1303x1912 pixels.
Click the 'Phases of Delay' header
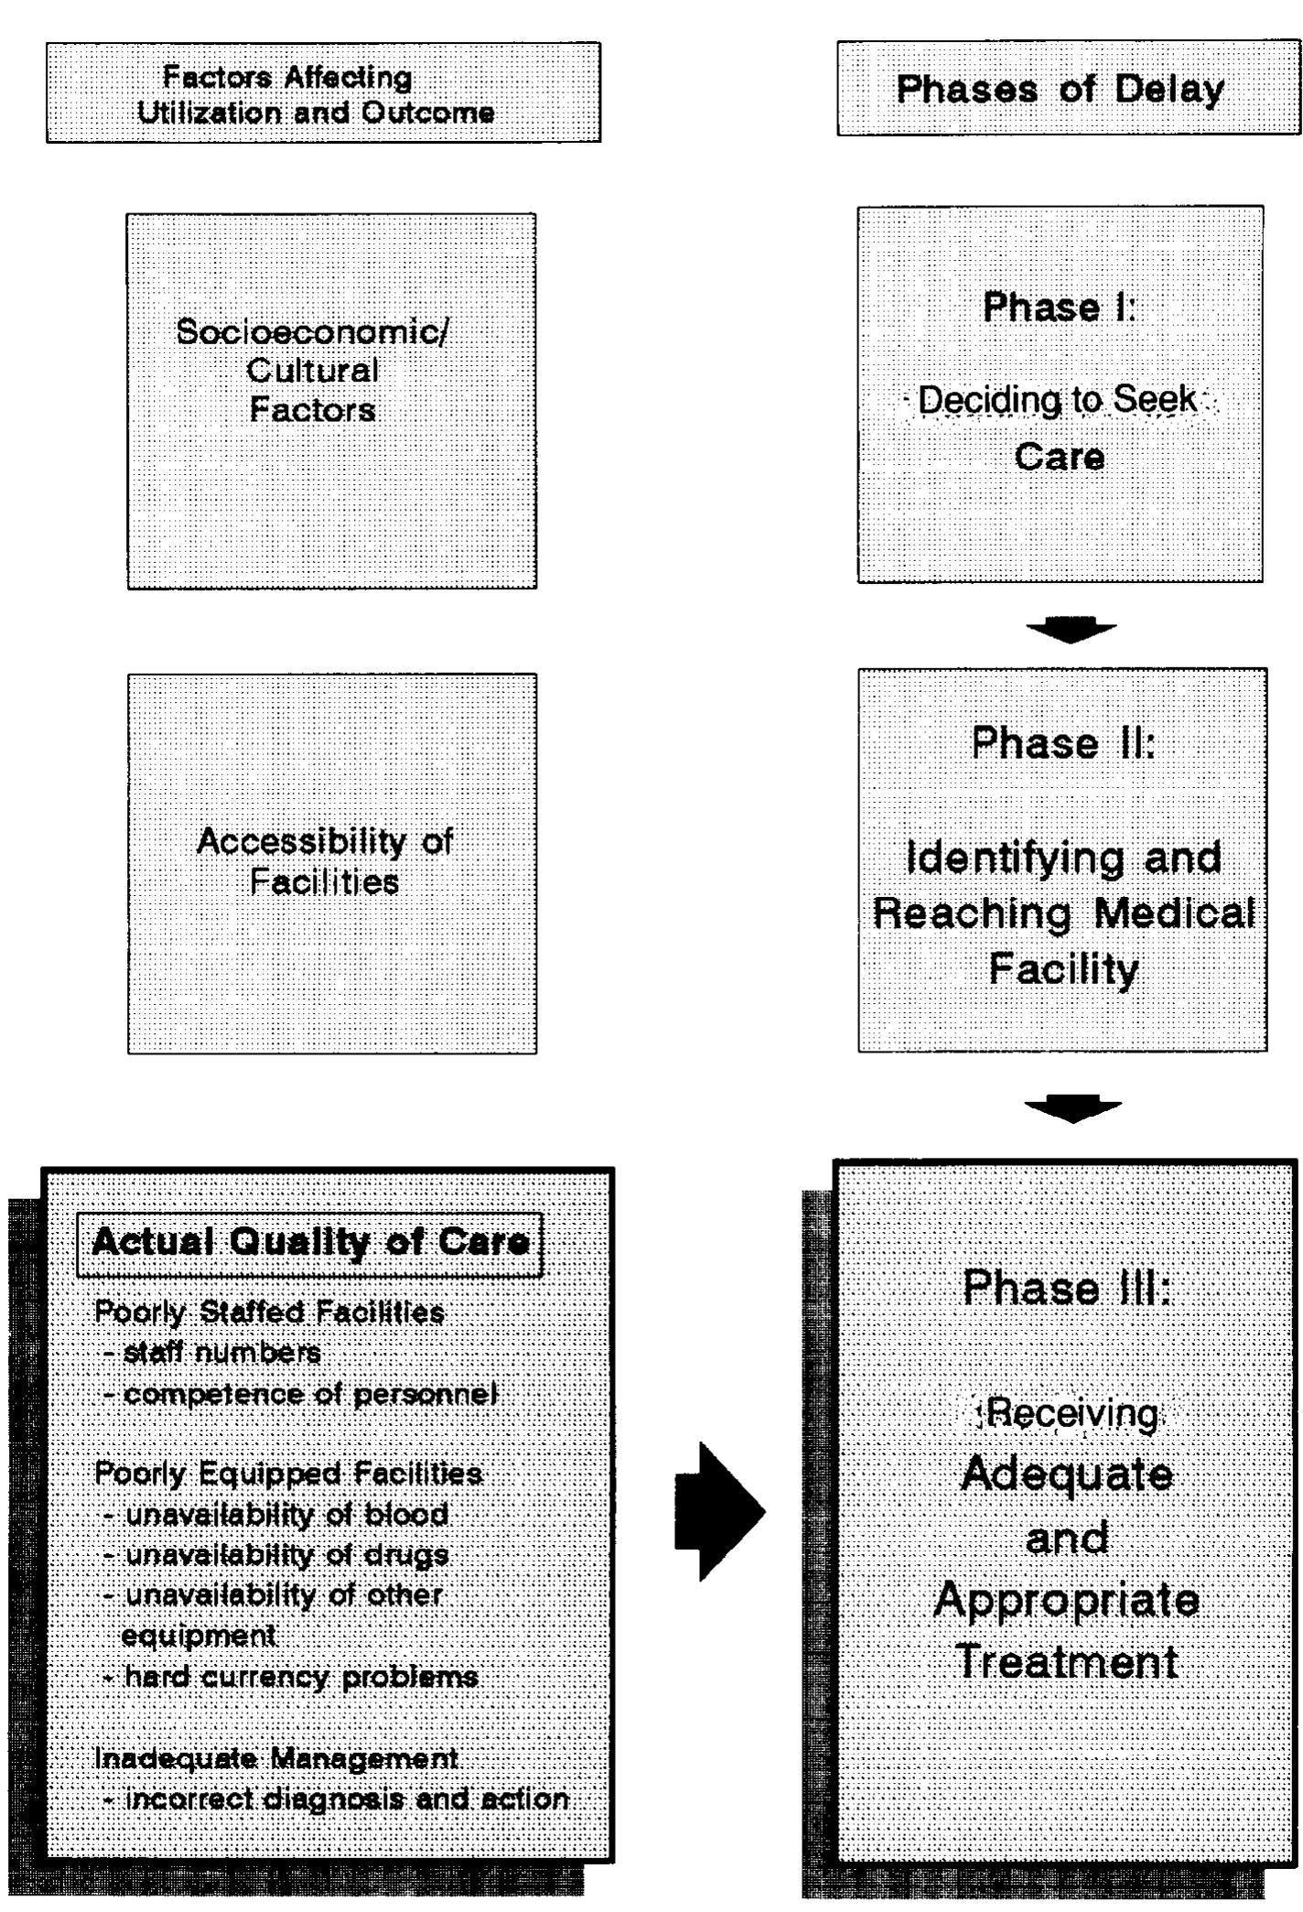coord(1060,90)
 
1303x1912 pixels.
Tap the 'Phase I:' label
coord(1059,308)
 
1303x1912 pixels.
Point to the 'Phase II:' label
coord(1063,743)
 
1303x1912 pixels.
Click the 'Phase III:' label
coord(1067,1288)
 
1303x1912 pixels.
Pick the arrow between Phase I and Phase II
coord(1070,630)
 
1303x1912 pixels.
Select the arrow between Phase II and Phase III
coord(1071,1108)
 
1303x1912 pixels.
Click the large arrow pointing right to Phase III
coord(719,1511)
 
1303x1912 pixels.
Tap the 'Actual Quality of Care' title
coord(310,1242)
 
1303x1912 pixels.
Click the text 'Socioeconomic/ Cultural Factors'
coord(312,370)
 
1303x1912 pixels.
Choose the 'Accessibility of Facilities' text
coord(325,861)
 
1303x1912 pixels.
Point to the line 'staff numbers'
coord(221,1353)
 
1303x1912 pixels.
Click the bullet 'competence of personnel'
coord(309,1394)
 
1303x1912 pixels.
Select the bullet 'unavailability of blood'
coord(285,1515)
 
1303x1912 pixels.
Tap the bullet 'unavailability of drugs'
coord(286,1555)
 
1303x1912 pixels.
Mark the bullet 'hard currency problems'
coord(300,1677)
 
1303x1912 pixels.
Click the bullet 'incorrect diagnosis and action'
coord(346,1799)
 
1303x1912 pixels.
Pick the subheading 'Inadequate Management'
coord(276,1758)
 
